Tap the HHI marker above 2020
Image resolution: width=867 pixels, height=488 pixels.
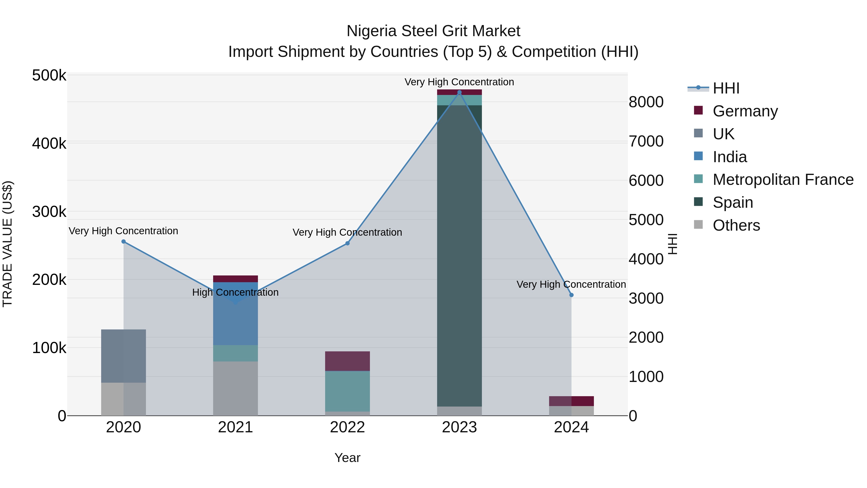124,241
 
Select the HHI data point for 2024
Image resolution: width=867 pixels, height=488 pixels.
571,295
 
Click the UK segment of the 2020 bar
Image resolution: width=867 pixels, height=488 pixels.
124,356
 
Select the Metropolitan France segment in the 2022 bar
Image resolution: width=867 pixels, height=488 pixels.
347,391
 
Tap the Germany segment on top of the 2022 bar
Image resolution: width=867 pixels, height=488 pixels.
347,361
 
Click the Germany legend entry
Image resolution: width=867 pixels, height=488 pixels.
745,111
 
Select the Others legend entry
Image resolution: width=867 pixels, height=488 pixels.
736,225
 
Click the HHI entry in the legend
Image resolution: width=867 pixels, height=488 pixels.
726,88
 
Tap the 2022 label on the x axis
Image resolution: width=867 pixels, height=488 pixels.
347,427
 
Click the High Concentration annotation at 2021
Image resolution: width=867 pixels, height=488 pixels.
235,292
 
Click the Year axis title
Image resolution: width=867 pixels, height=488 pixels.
347,458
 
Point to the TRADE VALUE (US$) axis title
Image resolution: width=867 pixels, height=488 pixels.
7,244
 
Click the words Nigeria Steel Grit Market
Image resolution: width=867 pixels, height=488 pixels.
433,31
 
